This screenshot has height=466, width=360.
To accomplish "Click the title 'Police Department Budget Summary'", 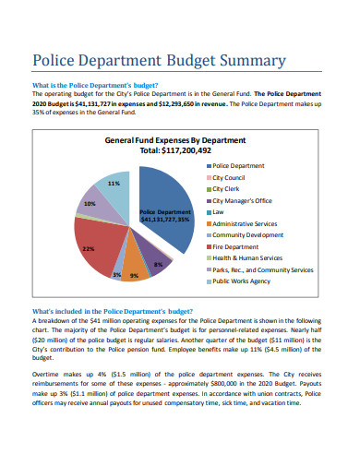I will pos(159,62).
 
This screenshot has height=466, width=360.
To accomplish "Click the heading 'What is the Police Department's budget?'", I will pos(102,85).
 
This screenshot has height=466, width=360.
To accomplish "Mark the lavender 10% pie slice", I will pos(92,206).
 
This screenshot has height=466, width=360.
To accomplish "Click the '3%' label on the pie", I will pos(117,275).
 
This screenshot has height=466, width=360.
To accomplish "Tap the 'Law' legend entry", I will pos(219,211).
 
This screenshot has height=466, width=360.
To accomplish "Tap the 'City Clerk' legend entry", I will pos(228,188).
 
